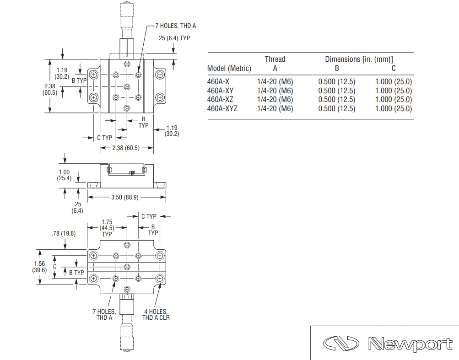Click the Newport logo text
pyautogui.click(x=410, y=344)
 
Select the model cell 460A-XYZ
pyautogui.click(x=222, y=108)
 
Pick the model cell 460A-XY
pyautogui.click(x=220, y=91)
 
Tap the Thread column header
pyautogui.click(x=275, y=59)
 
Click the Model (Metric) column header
pyautogui.click(x=229, y=69)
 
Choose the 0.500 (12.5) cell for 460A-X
pyautogui.click(x=337, y=82)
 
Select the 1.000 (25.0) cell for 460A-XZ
pyautogui.click(x=394, y=100)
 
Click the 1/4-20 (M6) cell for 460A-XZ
pyautogui.click(x=275, y=100)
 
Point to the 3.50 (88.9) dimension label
pyautogui.click(x=124, y=197)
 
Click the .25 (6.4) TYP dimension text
pyautogui.click(x=173, y=38)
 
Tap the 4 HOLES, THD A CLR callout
pyautogui.click(x=156, y=315)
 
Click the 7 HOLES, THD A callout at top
pyautogui.click(x=176, y=26)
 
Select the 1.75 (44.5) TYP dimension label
pyautogui.click(x=107, y=228)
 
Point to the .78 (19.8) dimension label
pyautogui.click(x=64, y=234)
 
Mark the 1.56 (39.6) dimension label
pyautogui.click(x=39, y=267)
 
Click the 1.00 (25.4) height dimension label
pyautogui.click(x=64, y=175)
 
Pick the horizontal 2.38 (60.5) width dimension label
pyautogui.click(x=126, y=148)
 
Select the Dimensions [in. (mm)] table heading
pyautogui.click(x=359, y=59)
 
